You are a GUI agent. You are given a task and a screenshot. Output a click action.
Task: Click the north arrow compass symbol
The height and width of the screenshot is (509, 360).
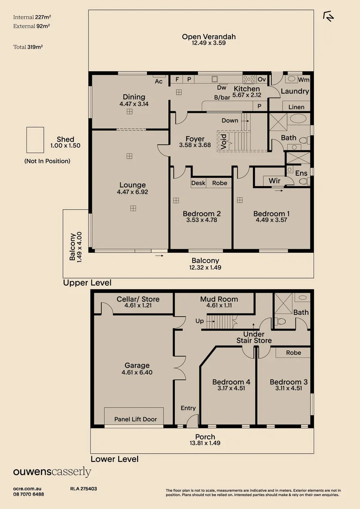point(328,16)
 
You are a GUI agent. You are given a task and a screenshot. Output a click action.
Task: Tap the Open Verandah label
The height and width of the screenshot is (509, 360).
point(209,37)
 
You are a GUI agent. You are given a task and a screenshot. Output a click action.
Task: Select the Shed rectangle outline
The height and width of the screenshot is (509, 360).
point(35,140)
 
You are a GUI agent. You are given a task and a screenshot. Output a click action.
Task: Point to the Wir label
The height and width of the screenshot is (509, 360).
point(274,181)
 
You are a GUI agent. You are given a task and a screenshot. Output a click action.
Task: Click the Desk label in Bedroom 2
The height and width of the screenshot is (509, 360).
point(198,183)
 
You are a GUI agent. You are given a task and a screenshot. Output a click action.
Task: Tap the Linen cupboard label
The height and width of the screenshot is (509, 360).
point(296,107)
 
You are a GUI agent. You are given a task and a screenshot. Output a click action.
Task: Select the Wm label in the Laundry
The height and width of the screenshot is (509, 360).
point(303,80)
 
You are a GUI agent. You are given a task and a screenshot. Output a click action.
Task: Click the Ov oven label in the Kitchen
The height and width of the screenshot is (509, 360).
point(262,80)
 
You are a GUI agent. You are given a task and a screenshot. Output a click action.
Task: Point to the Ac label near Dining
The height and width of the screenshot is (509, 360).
point(159,82)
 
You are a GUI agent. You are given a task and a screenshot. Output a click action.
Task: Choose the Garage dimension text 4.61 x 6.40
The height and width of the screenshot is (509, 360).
point(137,372)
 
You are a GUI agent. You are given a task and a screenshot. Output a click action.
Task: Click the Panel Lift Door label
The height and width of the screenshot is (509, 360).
point(136,419)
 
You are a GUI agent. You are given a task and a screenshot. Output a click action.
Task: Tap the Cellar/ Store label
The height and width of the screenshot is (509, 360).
point(138,299)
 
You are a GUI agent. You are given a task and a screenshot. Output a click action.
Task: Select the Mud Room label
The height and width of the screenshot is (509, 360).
point(219,299)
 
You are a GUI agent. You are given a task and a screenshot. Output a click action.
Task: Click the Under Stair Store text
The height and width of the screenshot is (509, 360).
point(254,337)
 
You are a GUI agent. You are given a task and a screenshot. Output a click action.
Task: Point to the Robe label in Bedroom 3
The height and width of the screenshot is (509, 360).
point(294,353)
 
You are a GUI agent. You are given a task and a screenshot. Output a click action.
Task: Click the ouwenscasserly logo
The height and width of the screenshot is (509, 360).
point(52,472)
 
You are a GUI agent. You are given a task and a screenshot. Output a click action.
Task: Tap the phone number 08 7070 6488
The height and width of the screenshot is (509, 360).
point(29,494)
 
